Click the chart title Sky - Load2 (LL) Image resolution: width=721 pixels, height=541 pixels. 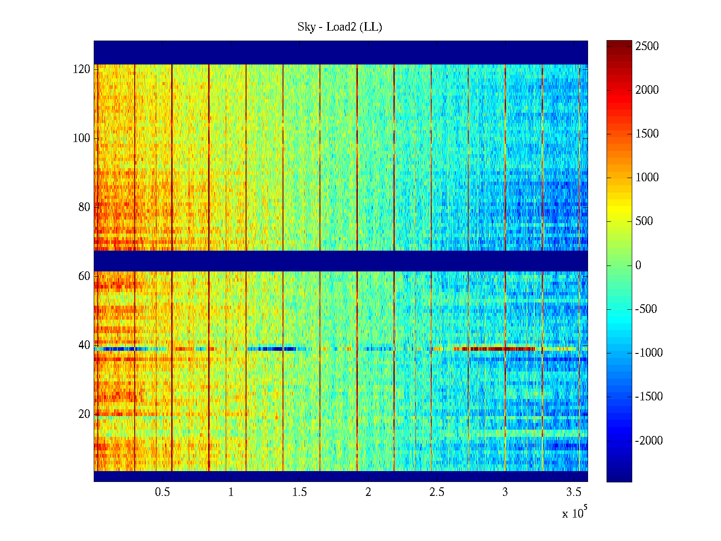(340, 27)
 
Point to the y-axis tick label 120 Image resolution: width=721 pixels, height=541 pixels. (82, 69)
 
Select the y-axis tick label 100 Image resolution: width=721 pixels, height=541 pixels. (82, 138)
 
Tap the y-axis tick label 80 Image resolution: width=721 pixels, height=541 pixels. (84, 207)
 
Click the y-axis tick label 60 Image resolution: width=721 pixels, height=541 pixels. (84, 276)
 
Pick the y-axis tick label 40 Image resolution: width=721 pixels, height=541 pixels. (84, 345)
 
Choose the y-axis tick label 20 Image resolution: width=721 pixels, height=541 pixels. (84, 414)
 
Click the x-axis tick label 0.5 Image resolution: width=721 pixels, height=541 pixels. (162, 492)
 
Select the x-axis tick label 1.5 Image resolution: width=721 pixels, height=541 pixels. (299, 492)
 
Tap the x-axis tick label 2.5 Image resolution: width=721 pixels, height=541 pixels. (436, 492)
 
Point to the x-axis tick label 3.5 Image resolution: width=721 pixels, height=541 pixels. (573, 492)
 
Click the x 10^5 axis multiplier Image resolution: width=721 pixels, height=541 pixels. (575, 513)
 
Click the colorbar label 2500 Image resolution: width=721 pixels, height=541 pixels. (647, 46)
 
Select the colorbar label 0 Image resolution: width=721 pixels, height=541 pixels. (638, 266)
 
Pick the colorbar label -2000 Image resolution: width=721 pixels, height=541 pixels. (649, 441)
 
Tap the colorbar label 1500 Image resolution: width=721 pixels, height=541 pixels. (647, 134)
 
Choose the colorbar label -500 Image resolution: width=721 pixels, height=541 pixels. (646, 309)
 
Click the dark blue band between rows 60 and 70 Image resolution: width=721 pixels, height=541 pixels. (341, 261)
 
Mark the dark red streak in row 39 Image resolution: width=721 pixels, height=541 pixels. (496, 348)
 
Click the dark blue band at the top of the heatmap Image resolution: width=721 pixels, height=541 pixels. (341, 52)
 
